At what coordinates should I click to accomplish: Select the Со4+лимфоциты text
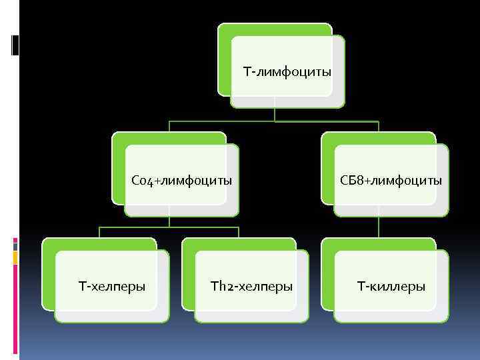[182, 180]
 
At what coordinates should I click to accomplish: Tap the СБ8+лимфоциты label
[391, 180]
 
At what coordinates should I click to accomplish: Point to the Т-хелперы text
[112, 287]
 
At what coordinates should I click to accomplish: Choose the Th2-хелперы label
[251, 287]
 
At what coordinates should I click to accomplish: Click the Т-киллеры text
[391, 287]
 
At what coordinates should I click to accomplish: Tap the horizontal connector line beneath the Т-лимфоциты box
[274, 121]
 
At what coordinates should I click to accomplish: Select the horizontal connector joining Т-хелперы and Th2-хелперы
[169, 228]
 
